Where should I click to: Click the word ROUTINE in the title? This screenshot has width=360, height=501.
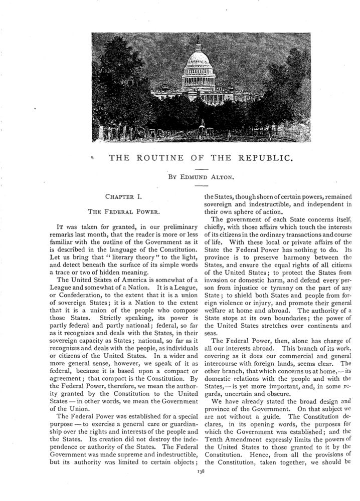168,158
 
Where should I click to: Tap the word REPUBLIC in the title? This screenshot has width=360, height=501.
263,158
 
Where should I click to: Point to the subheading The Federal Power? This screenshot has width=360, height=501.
116,211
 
